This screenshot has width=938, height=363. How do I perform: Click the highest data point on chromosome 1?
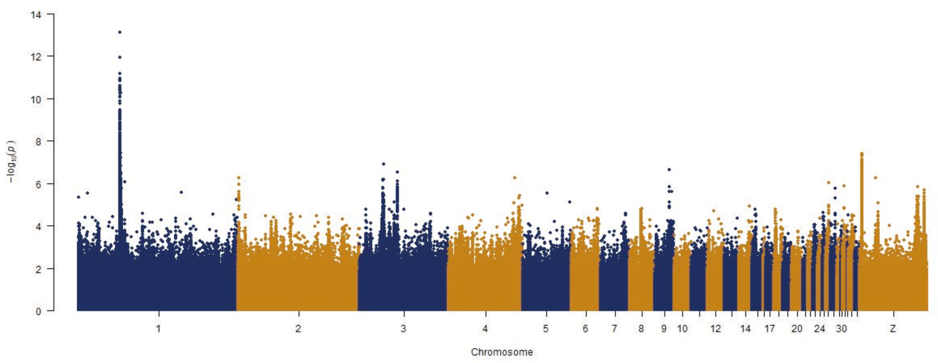click(120, 32)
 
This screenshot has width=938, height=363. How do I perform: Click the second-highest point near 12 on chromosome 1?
click(120, 58)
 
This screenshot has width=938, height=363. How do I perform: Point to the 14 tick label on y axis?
click(36, 15)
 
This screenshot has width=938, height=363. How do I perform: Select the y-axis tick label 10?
click(36, 99)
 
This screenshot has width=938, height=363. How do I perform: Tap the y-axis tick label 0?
click(38, 312)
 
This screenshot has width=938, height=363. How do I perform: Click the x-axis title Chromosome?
click(501, 352)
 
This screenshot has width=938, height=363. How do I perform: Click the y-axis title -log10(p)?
click(11, 161)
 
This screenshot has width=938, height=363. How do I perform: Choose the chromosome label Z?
click(893, 329)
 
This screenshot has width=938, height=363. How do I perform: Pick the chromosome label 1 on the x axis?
click(159, 329)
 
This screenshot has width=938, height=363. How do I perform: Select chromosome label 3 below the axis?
click(404, 329)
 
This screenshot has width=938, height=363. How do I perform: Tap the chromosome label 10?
click(682, 329)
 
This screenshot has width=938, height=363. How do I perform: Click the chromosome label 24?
click(819, 329)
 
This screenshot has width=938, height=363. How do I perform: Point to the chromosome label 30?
click(842, 329)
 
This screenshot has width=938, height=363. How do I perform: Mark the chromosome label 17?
click(770, 329)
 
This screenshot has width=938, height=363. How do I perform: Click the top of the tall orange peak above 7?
click(862, 154)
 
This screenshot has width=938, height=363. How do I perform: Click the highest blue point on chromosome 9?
click(669, 170)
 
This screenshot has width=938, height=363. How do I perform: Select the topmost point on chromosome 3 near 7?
click(384, 164)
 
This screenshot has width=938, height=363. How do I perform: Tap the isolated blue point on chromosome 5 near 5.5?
click(547, 193)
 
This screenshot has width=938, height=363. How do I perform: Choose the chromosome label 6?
click(585, 329)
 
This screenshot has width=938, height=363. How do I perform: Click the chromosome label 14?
click(745, 329)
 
